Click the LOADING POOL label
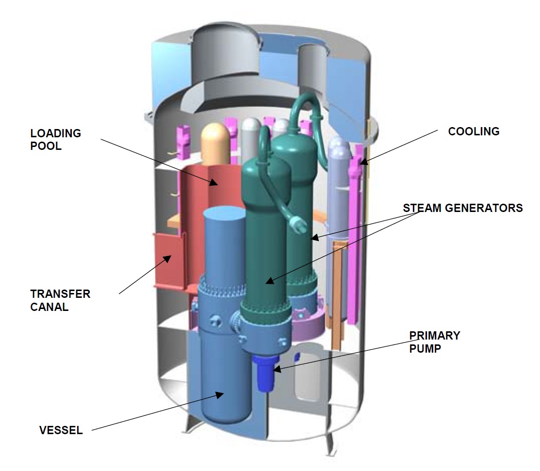point(55,139)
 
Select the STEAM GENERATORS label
point(462,208)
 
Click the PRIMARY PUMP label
point(434,341)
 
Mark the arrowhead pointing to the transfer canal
point(168,258)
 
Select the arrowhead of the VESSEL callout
point(222,394)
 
